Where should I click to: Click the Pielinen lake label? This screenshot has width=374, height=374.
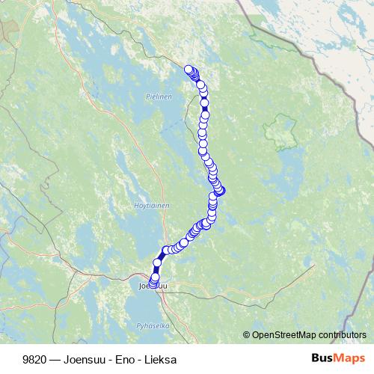159,96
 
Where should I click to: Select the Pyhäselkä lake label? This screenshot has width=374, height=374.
153,325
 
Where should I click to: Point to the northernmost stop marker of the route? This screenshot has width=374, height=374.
188,70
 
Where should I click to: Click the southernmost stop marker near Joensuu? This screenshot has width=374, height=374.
153,284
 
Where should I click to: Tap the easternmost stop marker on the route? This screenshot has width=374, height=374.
220,191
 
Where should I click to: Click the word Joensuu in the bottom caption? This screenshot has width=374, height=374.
85,359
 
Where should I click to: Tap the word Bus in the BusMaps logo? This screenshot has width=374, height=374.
322,358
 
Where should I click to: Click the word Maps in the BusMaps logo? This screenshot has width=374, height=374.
349,358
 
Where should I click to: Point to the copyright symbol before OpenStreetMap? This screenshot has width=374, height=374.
246,335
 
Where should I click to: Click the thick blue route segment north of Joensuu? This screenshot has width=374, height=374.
160,257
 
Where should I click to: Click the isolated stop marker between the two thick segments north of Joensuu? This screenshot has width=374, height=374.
157,263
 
